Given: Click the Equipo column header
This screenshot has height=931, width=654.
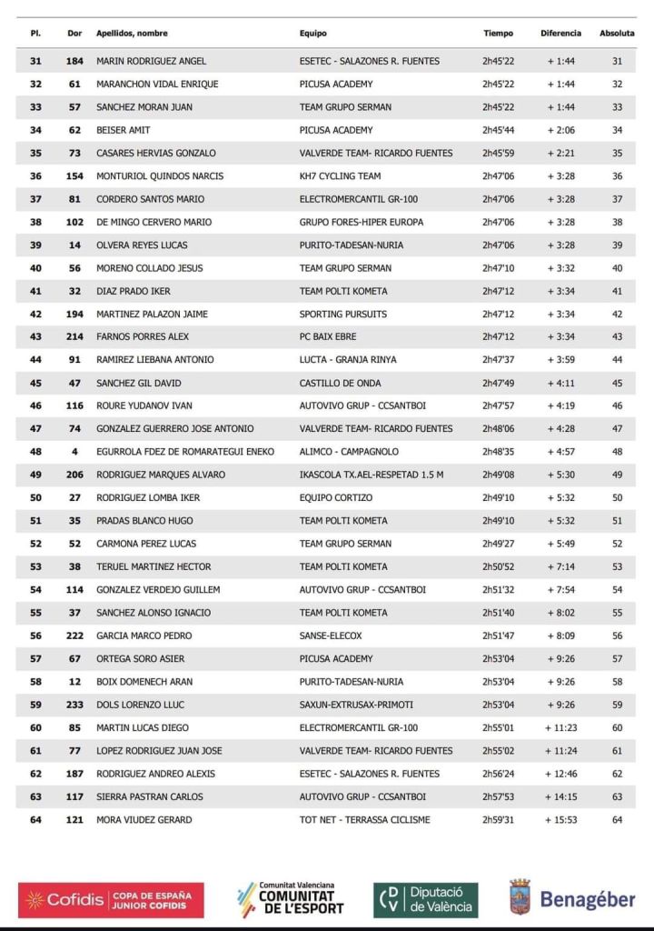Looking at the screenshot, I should coord(313,34).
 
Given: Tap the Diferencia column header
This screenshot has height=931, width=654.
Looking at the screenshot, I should coord(560,34).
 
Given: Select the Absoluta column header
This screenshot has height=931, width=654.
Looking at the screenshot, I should coord(617,34).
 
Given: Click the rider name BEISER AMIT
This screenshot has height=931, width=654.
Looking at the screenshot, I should coord(121,130).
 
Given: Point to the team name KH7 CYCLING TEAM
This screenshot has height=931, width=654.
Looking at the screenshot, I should coord(340,176).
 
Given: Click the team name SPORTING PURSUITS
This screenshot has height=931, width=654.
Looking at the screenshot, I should coord(342,315).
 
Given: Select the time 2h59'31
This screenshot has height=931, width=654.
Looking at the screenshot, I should coord(499,820).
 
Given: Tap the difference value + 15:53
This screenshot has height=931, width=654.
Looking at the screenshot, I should coord(563,820).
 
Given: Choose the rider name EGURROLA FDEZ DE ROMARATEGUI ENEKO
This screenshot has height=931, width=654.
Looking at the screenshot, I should coord(185,452).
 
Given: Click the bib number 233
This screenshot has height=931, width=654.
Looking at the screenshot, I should coord(75,705).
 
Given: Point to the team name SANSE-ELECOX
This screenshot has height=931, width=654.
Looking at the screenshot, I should coord(331,636).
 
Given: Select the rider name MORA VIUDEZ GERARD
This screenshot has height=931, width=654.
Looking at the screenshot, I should coord(144,820).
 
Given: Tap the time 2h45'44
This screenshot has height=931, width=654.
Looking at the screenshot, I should coord(499,130).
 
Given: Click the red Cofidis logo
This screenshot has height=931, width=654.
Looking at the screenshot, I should coord(111,900).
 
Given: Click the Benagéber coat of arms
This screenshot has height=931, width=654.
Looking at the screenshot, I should coord(520,898).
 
